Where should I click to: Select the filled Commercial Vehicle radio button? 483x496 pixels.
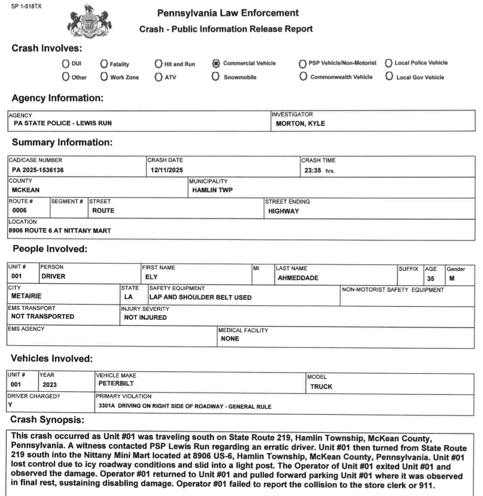pos(215,63)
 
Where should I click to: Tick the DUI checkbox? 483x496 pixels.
pos(65,64)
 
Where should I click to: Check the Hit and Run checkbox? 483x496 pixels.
pos(158,64)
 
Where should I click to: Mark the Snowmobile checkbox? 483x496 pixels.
pos(215,77)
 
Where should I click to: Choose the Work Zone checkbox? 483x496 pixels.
pos(104,77)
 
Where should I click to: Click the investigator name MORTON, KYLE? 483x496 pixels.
pos(300,123)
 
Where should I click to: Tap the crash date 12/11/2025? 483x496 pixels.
pos(167,170)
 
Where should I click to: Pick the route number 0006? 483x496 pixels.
pos(20,210)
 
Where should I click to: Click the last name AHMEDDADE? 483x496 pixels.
pos(298,278)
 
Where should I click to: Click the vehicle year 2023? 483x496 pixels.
pos(49,385)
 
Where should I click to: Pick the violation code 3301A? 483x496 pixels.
pos(107,406)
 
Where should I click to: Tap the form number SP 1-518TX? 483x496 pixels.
pos(26,6)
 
